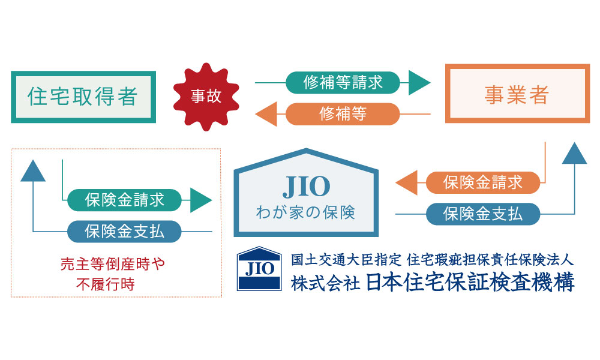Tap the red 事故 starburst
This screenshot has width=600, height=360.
point(206,97)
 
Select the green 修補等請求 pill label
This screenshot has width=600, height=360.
point(343,83)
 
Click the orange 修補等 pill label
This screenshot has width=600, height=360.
point(343,114)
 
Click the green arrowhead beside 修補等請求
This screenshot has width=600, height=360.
point(418,83)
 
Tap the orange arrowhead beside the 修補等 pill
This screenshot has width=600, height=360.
point(267,114)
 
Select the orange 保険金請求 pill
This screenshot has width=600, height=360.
point(483,182)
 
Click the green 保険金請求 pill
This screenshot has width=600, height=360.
point(124,200)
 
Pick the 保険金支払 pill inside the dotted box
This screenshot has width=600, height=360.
point(124,232)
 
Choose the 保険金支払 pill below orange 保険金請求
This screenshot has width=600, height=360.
point(483,214)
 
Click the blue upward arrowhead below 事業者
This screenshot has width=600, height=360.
point(574,154)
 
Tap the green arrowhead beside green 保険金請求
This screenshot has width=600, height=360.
point(200,200)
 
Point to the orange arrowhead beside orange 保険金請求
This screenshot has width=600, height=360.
point(407,182)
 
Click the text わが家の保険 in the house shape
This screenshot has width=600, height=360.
point(306,213)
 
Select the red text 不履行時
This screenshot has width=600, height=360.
point(106,284)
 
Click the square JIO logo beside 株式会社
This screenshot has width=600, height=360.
point(259,269)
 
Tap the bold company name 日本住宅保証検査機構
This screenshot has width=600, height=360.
point(470,283)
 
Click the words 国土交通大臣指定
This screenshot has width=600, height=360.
point(346,260)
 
